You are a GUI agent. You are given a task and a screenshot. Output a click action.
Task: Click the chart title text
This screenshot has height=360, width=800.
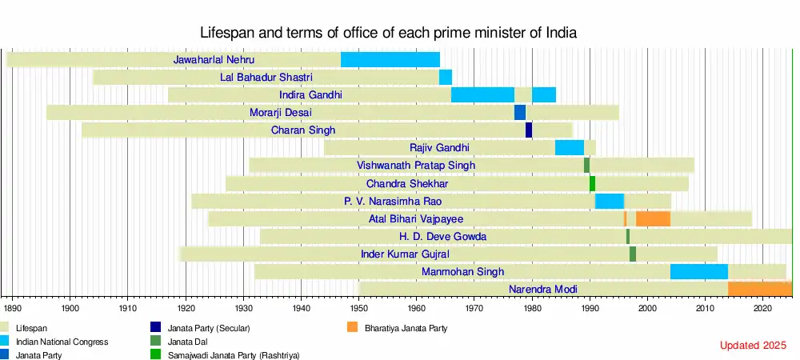click(388, 33)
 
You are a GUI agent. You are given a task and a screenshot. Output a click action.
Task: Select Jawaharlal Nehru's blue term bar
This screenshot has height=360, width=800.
click(390, 59)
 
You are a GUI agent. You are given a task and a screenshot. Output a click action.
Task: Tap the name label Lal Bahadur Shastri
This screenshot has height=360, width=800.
click(266, 77)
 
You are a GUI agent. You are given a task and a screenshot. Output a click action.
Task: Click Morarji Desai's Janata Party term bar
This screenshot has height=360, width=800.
click(520, 112)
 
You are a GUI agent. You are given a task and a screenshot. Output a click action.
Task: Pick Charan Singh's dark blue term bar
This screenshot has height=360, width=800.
click(529, 130)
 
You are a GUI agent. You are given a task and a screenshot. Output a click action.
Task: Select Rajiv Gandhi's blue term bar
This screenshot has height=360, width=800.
click(570, 147)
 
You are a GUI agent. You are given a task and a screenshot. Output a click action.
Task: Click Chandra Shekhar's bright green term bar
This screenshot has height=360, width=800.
click(592, 183)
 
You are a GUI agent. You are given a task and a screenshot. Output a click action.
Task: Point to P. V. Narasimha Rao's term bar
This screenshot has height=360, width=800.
click(610, 201)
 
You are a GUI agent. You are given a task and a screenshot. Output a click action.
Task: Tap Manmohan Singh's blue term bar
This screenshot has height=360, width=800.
click(699, 271)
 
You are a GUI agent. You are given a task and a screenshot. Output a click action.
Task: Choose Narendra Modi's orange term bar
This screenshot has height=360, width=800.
click(760, 289)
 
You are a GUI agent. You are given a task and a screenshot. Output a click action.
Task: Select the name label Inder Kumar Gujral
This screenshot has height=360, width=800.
click(405, 254)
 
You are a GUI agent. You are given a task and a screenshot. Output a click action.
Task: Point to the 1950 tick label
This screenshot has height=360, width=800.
click(359, 306)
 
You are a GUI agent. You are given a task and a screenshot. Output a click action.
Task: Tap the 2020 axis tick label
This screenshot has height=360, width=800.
click(763, 306)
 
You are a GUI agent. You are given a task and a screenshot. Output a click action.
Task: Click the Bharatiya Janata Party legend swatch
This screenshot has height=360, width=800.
click(352, 327)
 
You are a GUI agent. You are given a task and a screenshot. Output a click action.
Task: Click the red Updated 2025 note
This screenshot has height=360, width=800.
click(753, 346)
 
